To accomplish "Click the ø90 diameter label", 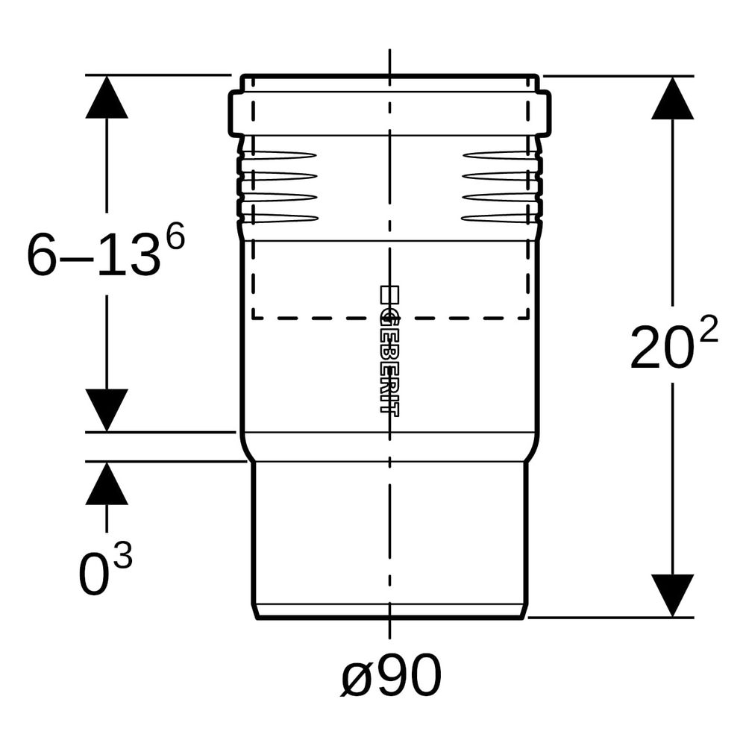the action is [x=391, y=674].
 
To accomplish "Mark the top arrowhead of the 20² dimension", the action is [x=672, y=98].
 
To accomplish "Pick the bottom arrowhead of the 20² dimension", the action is [x=672, y=595].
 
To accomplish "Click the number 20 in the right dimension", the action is [x=661, y=348].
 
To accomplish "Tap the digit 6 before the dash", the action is [x=42, y=255].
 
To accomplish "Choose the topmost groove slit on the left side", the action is [x=280, y=155].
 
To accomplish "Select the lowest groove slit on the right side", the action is [x=500, y=219].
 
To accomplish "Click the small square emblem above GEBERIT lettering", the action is [x=389, y=295].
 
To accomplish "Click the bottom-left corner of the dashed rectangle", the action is [x=253, y=317].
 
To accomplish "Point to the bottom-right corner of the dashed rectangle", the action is [x=528, y=317].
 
